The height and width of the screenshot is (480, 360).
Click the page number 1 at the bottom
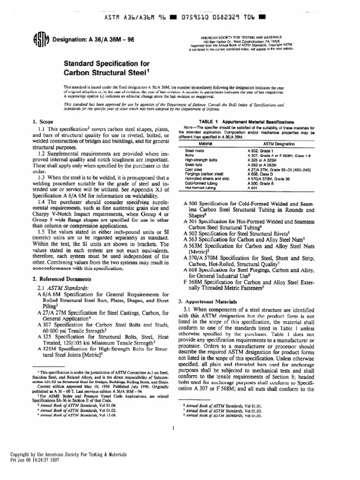(173, 427)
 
